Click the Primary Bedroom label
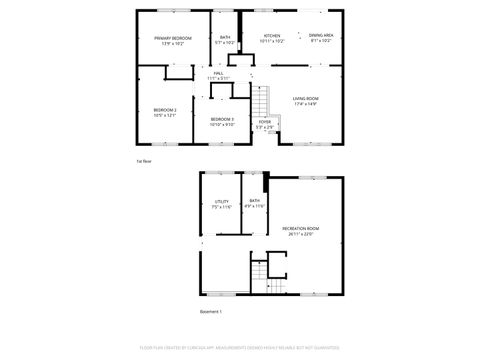click(x=172, y=39)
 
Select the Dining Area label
click(x=321, y=35)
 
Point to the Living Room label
click(x=305, y=98)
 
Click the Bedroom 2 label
click(x=165, y=110)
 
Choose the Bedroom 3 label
click(x=222, y=119)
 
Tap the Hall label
click(x=218, y=74)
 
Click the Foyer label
click(x=264, y=122)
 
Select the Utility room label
click(x=222, y=202)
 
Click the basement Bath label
click(x=255, y=201)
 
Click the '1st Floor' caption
click(x=143, y=160)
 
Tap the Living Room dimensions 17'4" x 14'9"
click(x=305, y=103)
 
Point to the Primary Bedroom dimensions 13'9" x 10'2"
click(x=172, y=44)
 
